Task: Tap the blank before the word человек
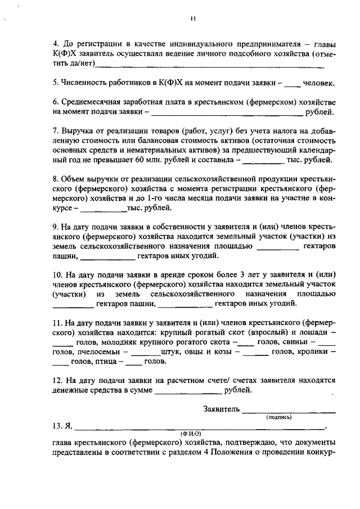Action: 292,84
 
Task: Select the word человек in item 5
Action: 319,83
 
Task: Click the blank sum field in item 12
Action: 188,391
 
